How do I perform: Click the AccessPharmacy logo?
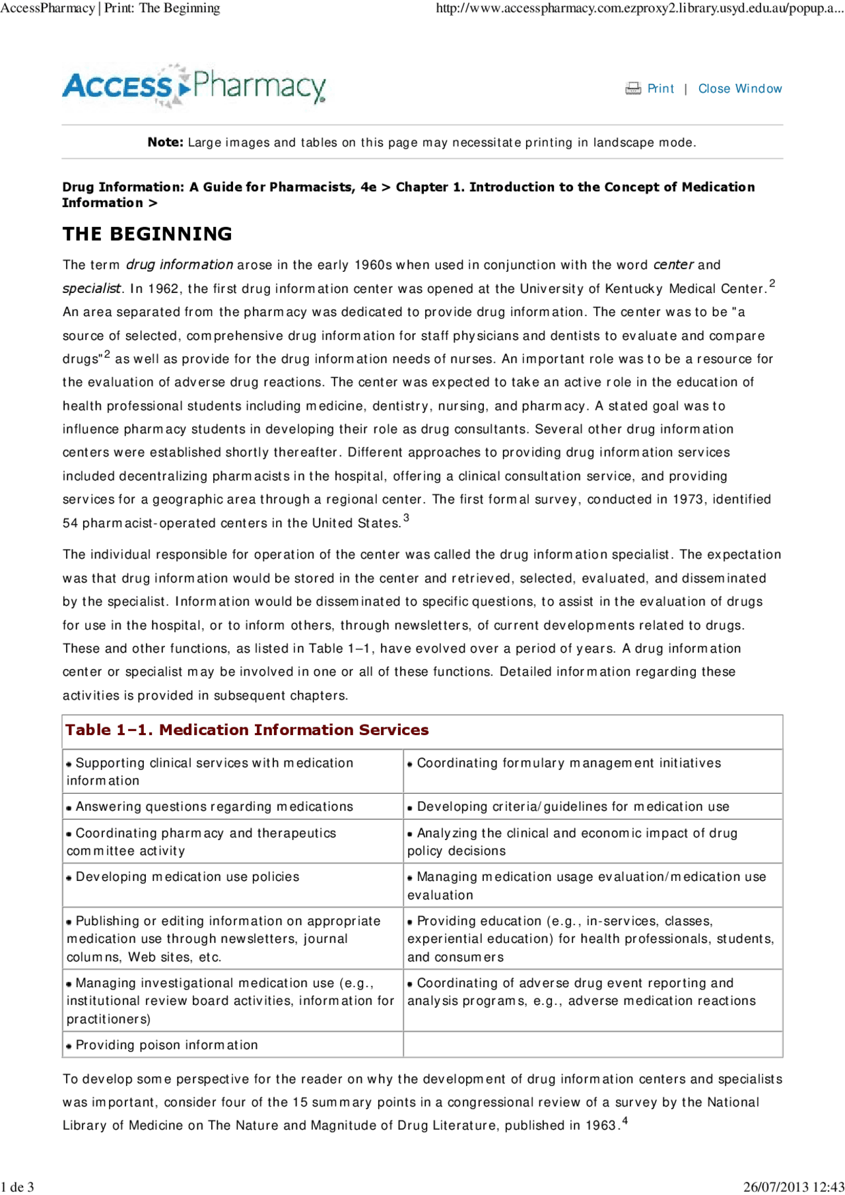pyautogui.click(x=194, y=86)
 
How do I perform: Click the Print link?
pyautogui.click(x=660, y=88)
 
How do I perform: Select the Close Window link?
pyautogui.click(x=740, y=88)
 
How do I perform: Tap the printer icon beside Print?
pyautogui.click(x=633, y=88)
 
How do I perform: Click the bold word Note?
pyautogui.click(x=165, y=142)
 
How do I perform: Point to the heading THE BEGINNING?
pyautogui.click(x=147, y=234)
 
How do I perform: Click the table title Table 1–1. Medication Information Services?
pyautogui.click(x=247, y=730)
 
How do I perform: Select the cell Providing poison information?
pyautogui.click(x=166, y=1045)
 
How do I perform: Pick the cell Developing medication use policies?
pyautogui.click(x=187, y=876)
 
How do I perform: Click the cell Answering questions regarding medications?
pyautogui.click(x=214, y=806)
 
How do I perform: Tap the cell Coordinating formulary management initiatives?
pyautogui.click(x=568, y=763)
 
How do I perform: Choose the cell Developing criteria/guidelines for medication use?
pyautogui.click(x=573, y=806)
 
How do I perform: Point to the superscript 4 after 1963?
pyautogui.click(x=625, y=1120)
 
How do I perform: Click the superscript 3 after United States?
pyautogui.click(x=407, y=518)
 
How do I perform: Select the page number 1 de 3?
pyautogui.click(x=17, y=1187)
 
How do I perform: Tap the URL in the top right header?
pyautogui.click(x=639, y=8)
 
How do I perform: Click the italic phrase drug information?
pyautogui.click(x=179, y=265)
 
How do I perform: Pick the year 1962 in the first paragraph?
pyautogui.click(x=163, y=288)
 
